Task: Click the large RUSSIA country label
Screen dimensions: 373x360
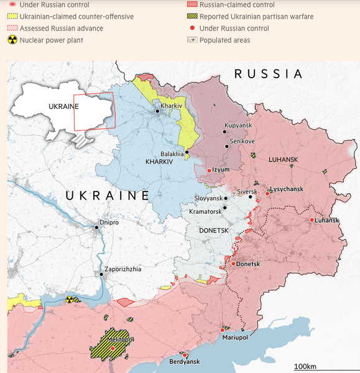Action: [267, 74]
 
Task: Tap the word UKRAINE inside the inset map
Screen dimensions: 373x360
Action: [63, 106]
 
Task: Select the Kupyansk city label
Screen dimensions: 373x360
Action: [238, 126]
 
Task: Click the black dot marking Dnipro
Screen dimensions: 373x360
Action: [96, 228]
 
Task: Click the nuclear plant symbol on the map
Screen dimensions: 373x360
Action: [70, 300]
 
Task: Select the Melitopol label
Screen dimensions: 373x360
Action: [112, 339]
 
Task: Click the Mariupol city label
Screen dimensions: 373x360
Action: [235, 337]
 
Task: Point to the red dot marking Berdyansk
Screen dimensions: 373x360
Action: [185, 355]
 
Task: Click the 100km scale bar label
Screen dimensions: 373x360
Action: [306, 365]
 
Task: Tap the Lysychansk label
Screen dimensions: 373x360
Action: [286, 189]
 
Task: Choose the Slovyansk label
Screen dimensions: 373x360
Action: [208, 198]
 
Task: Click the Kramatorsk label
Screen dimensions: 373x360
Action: [205, 211]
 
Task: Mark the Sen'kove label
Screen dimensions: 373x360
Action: [242, 141]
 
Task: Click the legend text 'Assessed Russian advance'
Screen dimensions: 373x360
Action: [61, 29]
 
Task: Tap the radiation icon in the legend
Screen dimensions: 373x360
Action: [12, 40]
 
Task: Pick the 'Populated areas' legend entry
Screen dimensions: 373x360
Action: [224, 40]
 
